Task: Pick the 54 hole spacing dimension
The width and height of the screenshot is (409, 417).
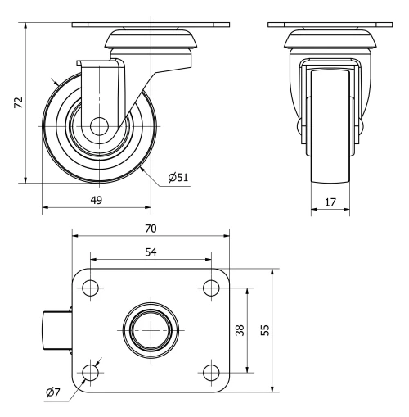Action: click(151, 252)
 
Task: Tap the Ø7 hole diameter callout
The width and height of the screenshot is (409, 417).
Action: click(53, 393)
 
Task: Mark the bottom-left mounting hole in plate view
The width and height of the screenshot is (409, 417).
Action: click(90, 373)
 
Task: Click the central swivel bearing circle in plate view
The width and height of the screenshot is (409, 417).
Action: click(151, 329)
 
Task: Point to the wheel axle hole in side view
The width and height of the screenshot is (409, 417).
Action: click(97, 127)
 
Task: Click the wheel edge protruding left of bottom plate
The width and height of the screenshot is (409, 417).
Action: click(56, 329)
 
